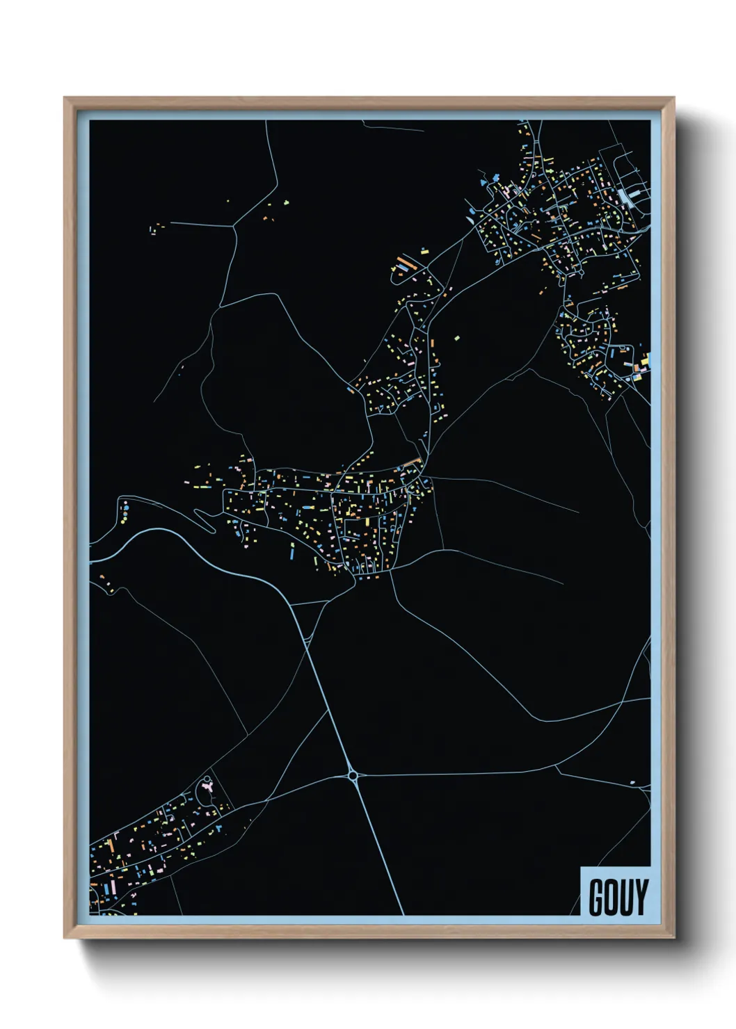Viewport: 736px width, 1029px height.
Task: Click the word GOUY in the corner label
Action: [x=618, y=897]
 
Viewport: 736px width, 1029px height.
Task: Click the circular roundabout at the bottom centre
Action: [x=353, y=775]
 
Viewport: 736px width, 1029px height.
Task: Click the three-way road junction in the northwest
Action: [x=234, y=225]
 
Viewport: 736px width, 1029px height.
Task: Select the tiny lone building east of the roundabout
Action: [x=632, y=783]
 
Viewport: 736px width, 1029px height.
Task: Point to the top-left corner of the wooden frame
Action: [x=65, y=98]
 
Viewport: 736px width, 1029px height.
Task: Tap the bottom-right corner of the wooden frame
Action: [x=673, y=938]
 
